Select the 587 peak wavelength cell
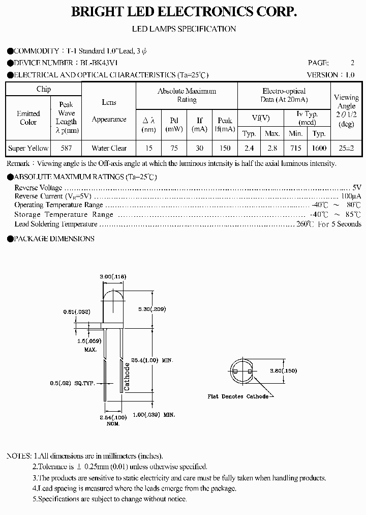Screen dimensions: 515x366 click(x=66, y=148)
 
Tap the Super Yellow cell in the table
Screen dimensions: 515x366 click(x=28, y=148)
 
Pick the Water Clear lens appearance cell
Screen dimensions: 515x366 click(x=109, y=148)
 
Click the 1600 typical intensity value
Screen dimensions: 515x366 click(x=319, y=148)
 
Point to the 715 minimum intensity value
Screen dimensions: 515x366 click(x=295, y=148)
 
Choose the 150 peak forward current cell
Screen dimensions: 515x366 click(x=224, y=148)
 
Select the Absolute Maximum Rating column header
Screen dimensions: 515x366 click(x=187, y=95)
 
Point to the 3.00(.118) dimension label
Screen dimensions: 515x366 click(x=113, y=276)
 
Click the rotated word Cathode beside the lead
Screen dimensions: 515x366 click(x=127, y=377)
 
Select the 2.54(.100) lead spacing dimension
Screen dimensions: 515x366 click(x=113, y=417)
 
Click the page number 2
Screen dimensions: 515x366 click(x=352, y=63)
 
